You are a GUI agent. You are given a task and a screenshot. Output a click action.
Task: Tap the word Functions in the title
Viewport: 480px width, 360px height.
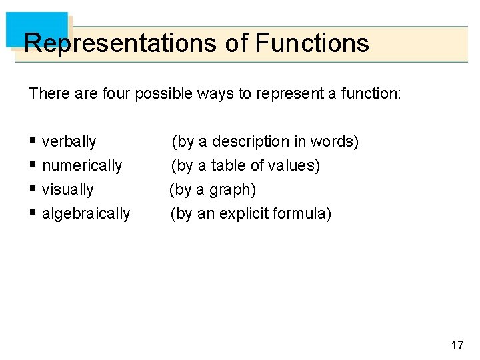312,43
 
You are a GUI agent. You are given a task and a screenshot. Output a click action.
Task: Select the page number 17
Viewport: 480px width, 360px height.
457,345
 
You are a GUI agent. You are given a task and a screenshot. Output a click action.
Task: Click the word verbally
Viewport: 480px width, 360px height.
69,142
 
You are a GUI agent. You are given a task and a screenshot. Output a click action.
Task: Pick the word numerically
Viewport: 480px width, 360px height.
82,166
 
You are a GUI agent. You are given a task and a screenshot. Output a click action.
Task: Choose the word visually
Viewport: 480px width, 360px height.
67,190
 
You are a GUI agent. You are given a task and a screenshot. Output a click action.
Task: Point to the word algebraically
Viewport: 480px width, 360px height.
86,214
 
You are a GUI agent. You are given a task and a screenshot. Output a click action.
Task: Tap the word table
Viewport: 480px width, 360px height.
229,166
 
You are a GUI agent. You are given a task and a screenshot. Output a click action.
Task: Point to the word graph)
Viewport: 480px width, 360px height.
233,190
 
